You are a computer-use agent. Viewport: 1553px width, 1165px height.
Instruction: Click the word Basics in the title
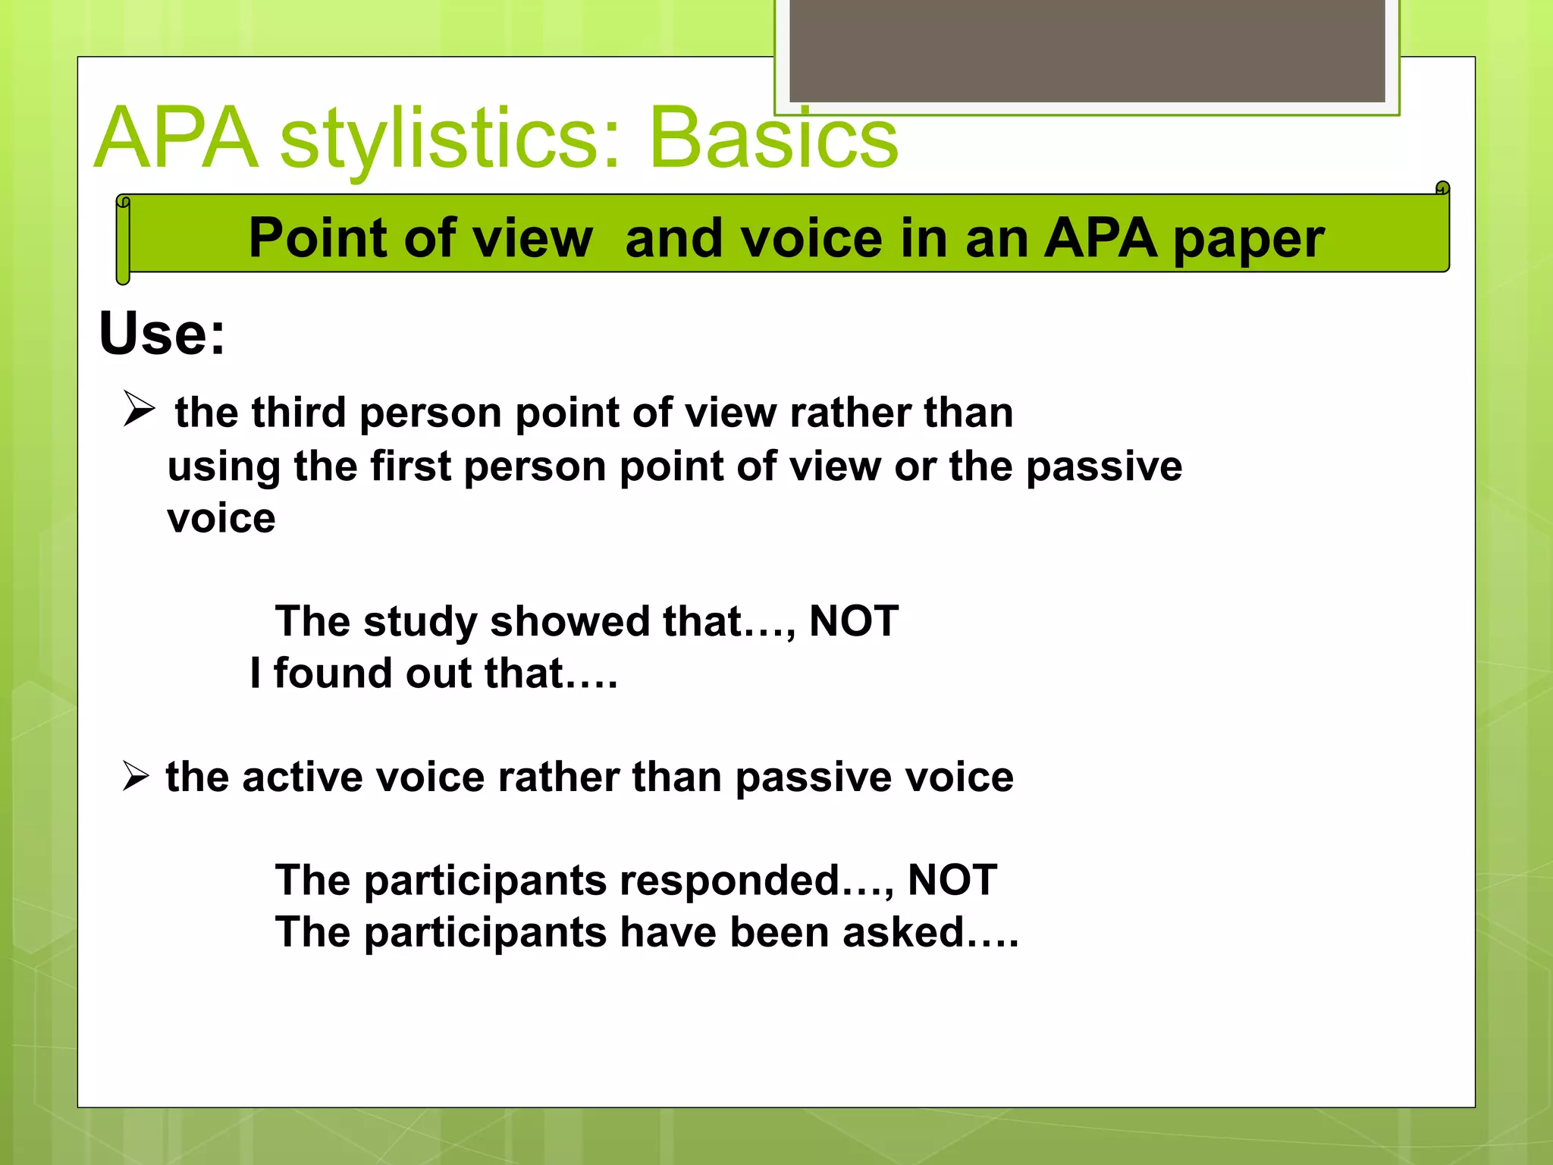click(773, 138)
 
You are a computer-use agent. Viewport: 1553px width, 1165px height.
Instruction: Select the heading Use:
click(162, 333)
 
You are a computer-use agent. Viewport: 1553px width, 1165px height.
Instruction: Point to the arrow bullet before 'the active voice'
click(136, 776)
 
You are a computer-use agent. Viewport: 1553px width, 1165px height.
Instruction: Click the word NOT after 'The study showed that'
click(854, 620)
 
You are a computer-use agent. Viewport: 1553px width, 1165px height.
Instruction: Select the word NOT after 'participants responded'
click(952, 880)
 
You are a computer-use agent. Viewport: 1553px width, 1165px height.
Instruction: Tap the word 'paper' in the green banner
click(1248, 239)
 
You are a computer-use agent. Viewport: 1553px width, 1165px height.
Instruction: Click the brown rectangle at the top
click(1087, 50)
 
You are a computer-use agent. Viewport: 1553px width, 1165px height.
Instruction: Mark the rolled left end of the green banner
click(123, 240)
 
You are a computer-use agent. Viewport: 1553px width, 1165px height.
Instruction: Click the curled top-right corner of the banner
click(1442, 188)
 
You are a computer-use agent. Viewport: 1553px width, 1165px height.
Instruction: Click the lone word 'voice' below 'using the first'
click(221, 519)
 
